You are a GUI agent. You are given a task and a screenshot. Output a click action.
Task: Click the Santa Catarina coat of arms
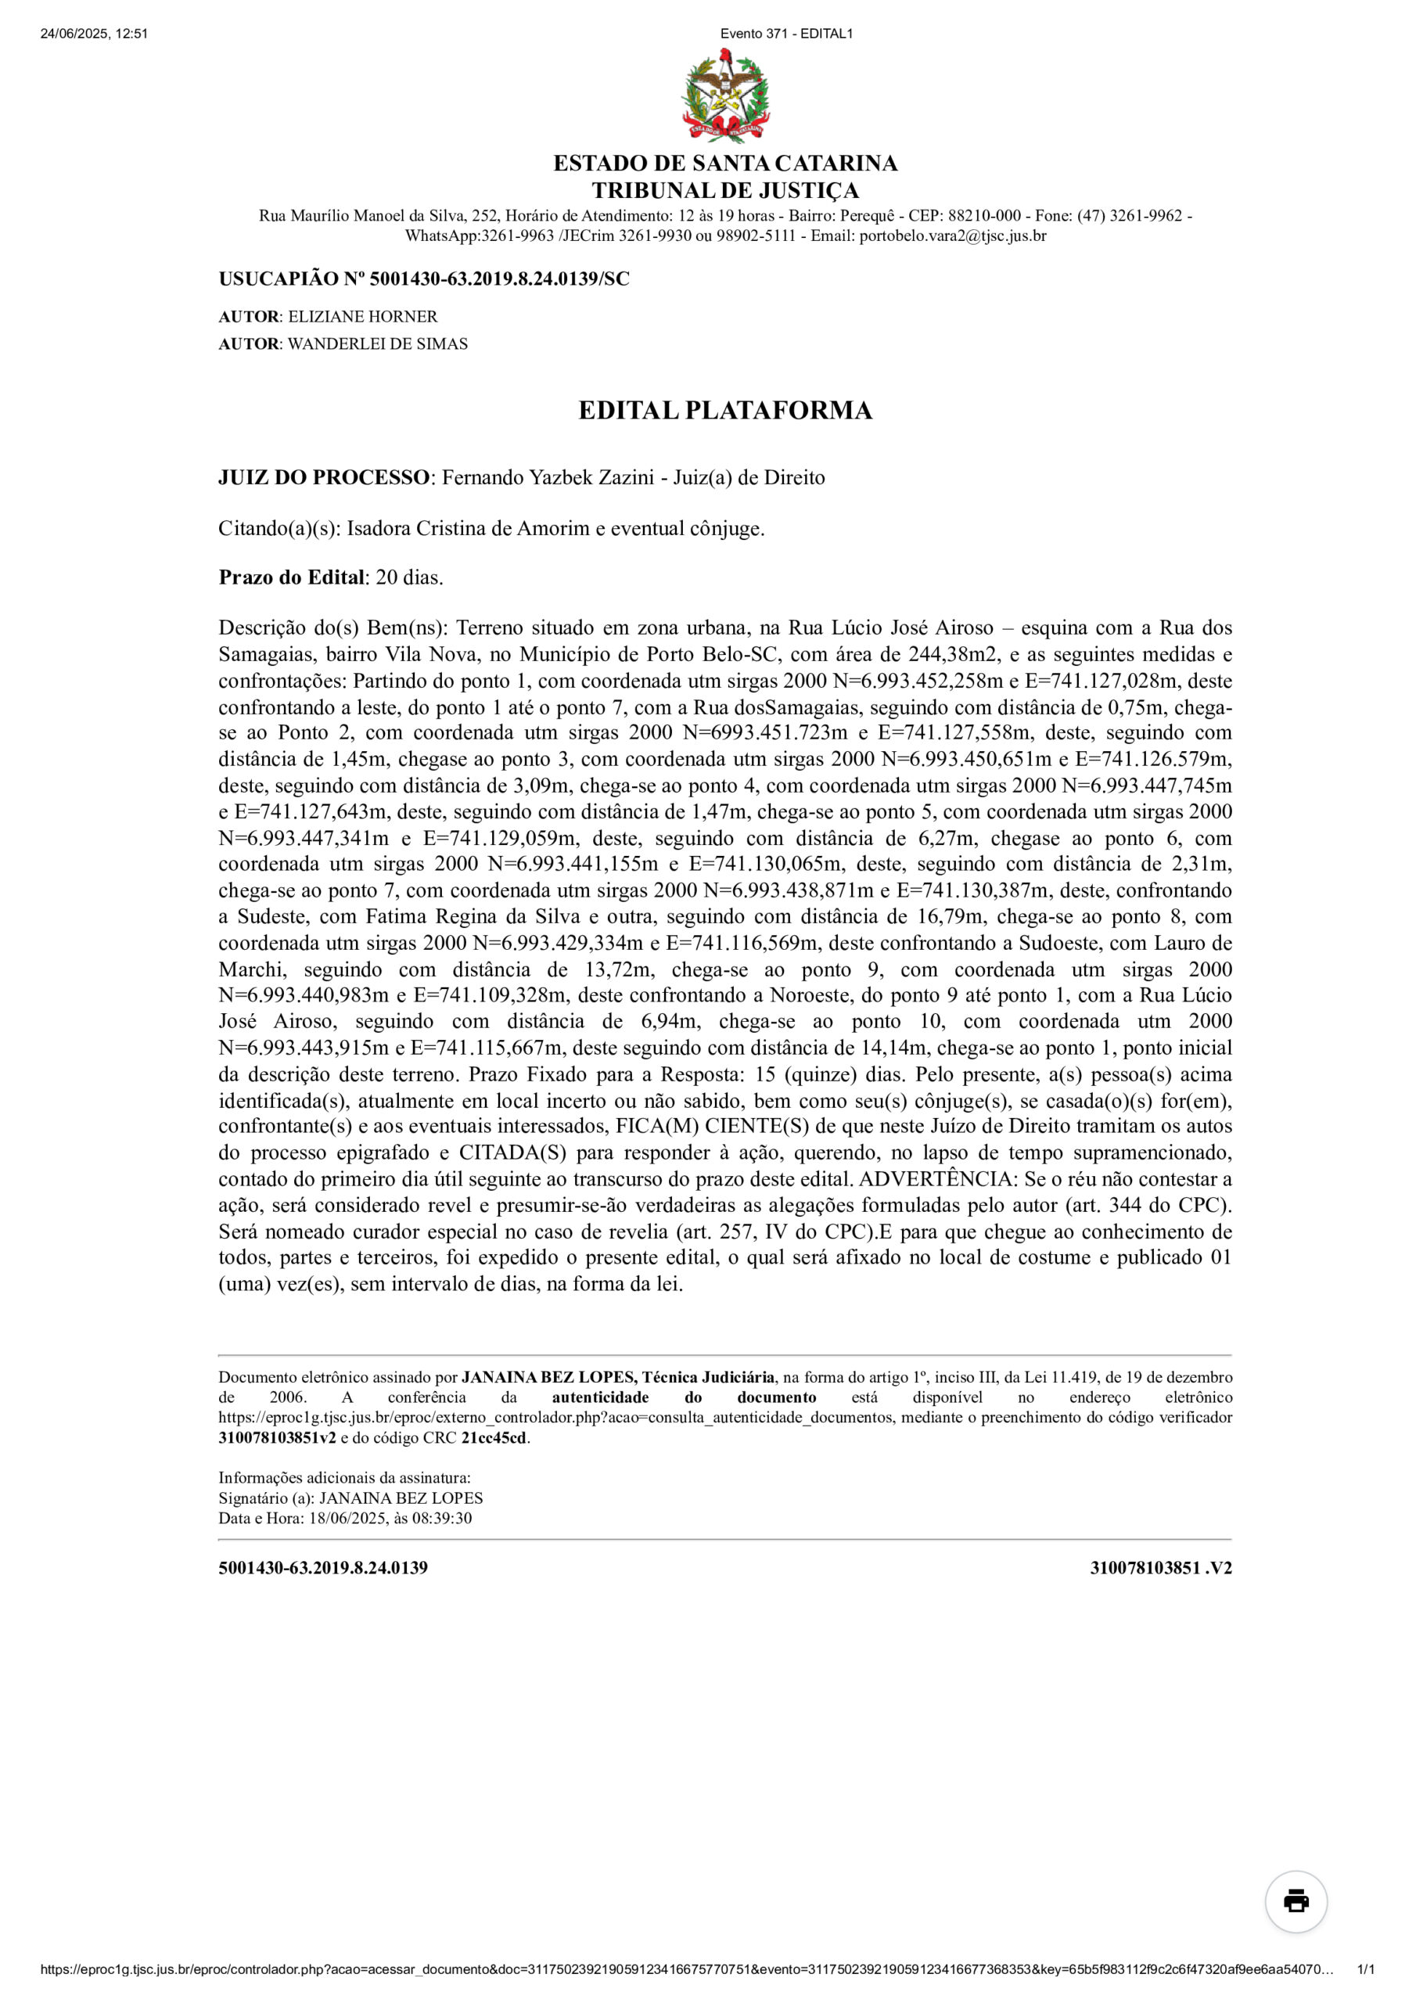[x=725, y=96]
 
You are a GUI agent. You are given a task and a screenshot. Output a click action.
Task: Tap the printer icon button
[x=1296, y=1901]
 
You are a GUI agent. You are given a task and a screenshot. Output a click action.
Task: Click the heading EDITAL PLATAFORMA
[x=725, y=410]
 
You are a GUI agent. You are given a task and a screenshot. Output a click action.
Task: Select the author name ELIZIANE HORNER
[x=363, y=317]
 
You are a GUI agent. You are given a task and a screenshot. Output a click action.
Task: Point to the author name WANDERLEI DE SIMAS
[x=378, y=343]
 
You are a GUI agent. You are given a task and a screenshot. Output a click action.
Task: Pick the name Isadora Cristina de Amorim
[x=468, y=529]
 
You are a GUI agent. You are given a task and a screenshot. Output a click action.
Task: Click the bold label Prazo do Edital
[x=291, y=577]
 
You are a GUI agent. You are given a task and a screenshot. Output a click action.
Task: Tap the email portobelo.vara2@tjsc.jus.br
[x=953, y=236]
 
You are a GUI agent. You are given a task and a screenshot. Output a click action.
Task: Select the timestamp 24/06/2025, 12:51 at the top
[x=94, y=34]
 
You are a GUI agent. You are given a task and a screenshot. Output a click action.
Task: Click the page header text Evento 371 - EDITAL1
[x=786, y=34]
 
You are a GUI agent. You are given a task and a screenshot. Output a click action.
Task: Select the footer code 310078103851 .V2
[x=1160, y=1568]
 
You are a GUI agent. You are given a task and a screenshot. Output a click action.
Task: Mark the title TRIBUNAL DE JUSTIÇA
[x=725, y=190]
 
